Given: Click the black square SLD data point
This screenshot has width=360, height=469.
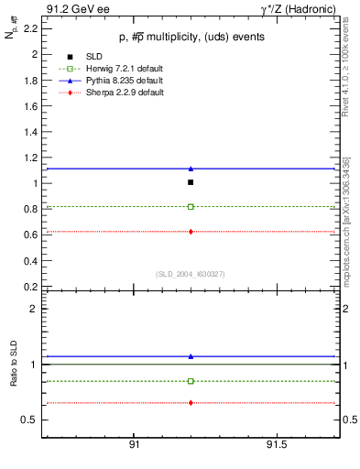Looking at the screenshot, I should pyautogui.click(x=191, y=182).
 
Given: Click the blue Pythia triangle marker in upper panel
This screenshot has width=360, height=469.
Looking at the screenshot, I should pyautogui.click(x=191, y=169).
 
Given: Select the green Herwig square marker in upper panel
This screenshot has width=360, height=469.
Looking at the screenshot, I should pyautogui.click(x=191, y=207).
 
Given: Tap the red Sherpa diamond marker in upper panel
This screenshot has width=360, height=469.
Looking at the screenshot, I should pyautogui.click(x=191, y=232).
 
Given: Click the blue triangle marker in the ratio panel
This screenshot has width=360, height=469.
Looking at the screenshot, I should pyautogui.click(x=191, y=355).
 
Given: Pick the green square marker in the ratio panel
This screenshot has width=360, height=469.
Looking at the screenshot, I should pyautogui.click(x=191, y=381).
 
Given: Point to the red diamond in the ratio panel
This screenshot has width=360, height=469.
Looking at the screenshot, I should pyautogui.click(x=191, y=403).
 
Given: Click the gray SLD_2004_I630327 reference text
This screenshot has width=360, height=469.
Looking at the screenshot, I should pyautogui.click(x=191, y=273).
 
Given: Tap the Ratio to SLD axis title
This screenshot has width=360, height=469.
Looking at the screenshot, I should pyautogui.click(x=14, y=366).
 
